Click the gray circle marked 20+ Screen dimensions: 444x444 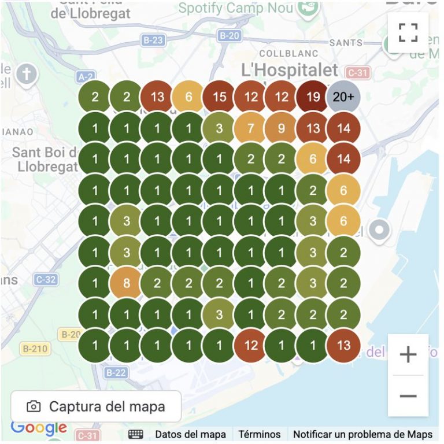[x=343, y=97]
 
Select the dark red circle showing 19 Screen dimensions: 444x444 [x=313, y=97]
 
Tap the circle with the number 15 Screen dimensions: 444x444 [x=219, y=97]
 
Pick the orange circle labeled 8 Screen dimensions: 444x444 [x=126, y=284]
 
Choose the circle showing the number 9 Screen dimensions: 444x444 [x=282, y=128]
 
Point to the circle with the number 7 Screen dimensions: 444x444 [x=250, y=128]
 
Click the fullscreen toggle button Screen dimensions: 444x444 [x=408, y=32]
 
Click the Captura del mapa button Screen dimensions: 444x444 [x=96, y=406]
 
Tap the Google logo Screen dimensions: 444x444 [x=39, y=428]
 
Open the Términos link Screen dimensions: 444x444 [x=260, y=434]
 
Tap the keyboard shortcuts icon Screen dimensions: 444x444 [x=136, y=434]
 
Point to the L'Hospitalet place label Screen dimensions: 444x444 [x=290, y=71]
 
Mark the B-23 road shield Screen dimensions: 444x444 [x=153, y=40]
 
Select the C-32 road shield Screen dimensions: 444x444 [x=45, y=280]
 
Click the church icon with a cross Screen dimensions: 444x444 [x=26, y=73]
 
